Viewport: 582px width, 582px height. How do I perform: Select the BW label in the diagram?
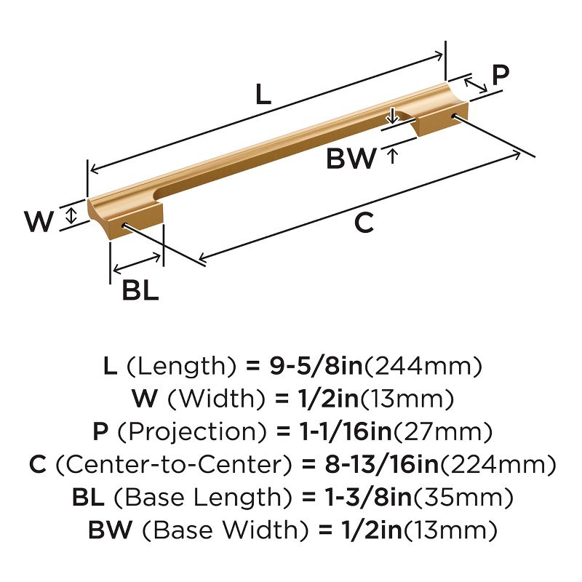pyautogui.click(x=351, y=158)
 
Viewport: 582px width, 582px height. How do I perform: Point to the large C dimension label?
pyautogui.click(x=363, y=224)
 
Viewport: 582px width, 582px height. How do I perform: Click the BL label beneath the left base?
pyautogui.click(x=140, y=290)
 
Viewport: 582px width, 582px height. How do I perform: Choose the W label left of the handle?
pyautogui.click(x=39, y=221)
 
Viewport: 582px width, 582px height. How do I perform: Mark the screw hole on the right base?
pyautogui.click(x=455, y=116)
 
